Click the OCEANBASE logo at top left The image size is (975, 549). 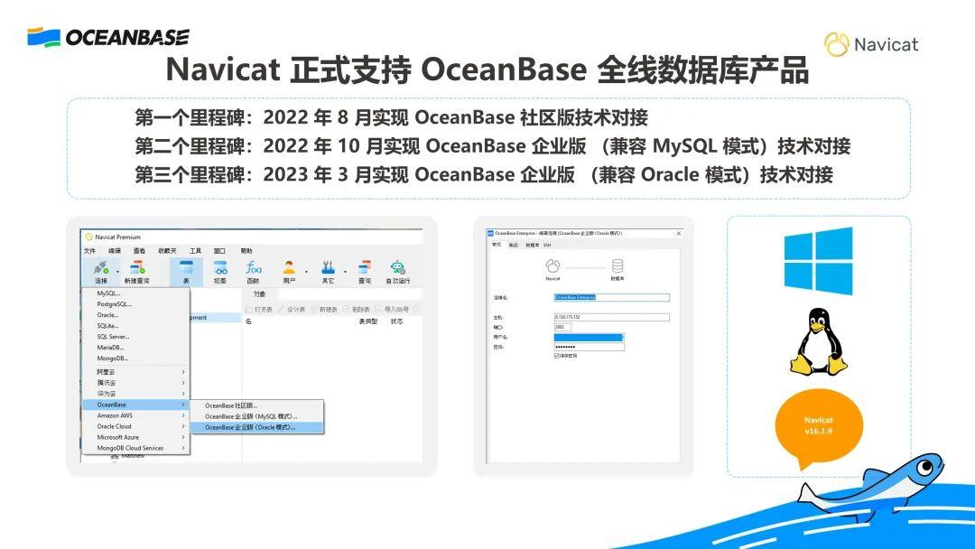(x=107, y=37)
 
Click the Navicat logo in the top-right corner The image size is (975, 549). (x=870, y=44)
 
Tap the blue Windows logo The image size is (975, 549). (x=818, y=261)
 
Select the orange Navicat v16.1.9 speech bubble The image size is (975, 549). (x=818, y=426)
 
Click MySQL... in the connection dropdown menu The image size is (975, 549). (x=109, y=293)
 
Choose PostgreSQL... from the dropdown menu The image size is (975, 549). (x=115, y=304)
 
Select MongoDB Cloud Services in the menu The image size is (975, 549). (x=131, y=448)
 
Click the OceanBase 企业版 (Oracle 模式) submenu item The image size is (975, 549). (x=251, y=427)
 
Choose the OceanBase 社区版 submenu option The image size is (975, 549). (x=231, y=405)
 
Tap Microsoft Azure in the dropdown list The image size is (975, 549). (x=118, y=437)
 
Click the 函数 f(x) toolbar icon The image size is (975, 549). (x=254, y=270)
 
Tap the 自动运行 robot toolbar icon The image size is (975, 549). (x=398, y=270)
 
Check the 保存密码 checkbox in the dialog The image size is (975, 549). (x=557, y=355)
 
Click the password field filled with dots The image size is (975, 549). (x=589, y=347)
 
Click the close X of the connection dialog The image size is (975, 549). (x=678, y=233)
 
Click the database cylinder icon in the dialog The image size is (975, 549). (x=618, y=265)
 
